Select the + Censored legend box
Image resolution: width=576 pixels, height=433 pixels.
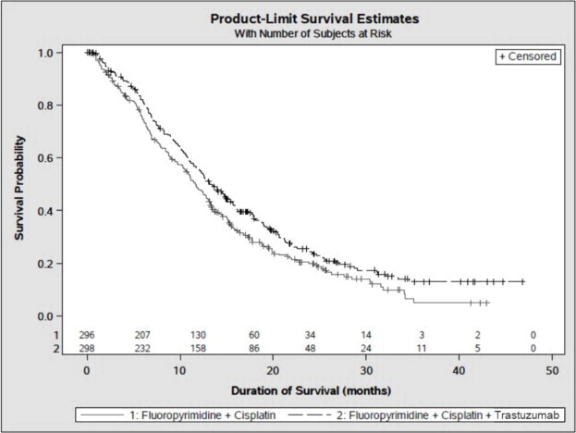click(528, 56)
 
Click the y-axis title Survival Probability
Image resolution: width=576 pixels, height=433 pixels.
click(19, 190)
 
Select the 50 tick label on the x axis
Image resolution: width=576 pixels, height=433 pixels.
click(553, 371)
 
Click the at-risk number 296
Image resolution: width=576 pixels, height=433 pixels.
click(87, 334)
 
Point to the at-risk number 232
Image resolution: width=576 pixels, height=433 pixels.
click(142, 348)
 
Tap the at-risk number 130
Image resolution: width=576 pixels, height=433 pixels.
click(199, 334)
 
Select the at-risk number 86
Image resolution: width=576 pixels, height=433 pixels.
click(254, 348)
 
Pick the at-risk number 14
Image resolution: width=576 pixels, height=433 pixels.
click(366, 334)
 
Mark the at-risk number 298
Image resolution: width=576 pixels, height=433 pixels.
click(87, 348)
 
